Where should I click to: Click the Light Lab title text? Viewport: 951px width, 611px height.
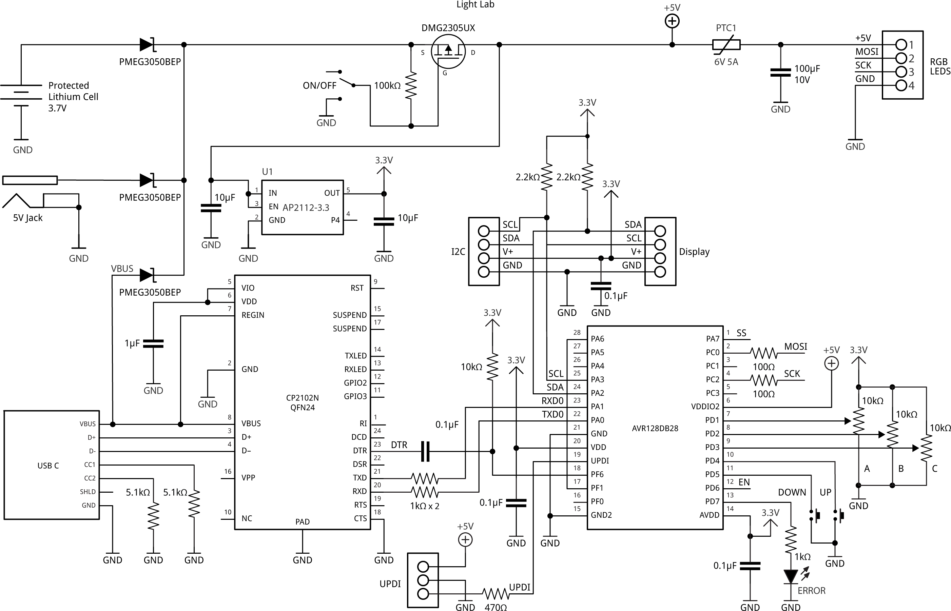475,5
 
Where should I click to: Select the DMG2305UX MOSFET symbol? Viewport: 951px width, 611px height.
448,51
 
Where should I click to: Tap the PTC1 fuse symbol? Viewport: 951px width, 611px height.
726,45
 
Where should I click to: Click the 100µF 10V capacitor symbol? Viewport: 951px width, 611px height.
780,72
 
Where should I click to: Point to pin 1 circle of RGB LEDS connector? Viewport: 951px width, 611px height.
901,44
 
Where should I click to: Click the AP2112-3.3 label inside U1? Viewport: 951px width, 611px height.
306,208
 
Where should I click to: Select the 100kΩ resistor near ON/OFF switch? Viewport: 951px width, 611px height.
411,85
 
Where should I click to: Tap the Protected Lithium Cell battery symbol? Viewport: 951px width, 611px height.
21,95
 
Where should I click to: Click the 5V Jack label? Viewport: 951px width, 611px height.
28,218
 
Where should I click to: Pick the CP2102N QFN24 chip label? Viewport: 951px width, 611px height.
302,402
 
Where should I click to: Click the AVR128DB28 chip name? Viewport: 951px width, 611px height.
655,429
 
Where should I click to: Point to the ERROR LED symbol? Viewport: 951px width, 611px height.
790,576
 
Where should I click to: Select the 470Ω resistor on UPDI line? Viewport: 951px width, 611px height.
496,594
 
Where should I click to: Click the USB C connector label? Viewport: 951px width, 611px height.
48,466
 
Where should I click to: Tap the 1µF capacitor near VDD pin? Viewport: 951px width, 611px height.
153,343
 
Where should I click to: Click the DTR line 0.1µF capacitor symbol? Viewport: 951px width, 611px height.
425,451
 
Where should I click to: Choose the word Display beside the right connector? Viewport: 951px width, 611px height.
694,252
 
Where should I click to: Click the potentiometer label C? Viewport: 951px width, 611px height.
934,469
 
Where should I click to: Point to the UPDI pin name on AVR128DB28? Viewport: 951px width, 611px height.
600,461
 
